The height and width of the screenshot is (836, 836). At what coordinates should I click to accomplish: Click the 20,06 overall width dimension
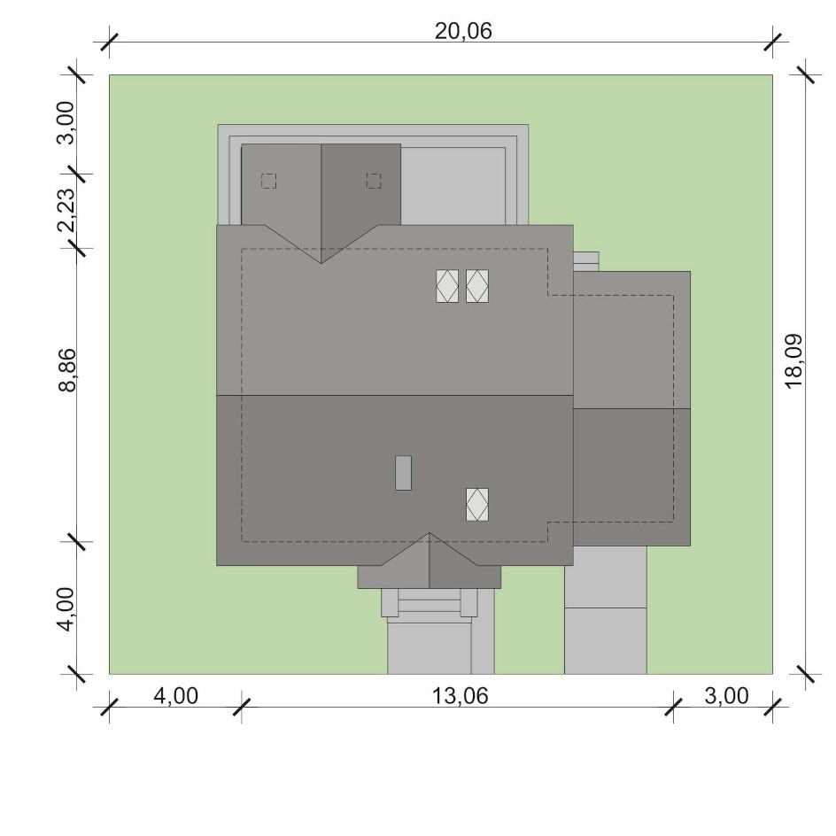[463, 32]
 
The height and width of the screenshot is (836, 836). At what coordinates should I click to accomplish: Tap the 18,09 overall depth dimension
[793, 361]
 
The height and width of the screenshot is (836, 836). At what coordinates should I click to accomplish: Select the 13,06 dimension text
[460, 696]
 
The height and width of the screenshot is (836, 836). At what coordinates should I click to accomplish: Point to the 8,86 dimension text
[67, 370]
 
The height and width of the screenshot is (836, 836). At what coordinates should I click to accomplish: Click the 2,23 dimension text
[67, 210]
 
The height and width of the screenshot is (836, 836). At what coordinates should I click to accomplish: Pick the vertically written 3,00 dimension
[66, 122]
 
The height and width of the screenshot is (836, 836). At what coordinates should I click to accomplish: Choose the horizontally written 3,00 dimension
[726, 696]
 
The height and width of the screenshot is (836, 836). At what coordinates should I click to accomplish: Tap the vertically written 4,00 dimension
[66, 609]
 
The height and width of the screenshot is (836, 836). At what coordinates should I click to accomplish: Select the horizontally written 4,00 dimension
[176, 696]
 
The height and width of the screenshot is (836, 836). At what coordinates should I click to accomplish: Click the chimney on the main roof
[403, 473]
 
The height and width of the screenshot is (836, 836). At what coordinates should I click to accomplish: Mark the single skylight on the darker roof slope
[477, 505]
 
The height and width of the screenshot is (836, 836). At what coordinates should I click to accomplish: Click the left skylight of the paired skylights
[447, 286]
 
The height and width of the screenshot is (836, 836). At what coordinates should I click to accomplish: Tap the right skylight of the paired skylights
[477, 286]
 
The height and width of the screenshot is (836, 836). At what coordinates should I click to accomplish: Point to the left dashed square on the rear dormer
[268, 181]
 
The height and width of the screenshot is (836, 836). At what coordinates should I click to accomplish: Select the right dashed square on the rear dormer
[374, 181]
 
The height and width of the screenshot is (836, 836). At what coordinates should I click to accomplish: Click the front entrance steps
[430, 603]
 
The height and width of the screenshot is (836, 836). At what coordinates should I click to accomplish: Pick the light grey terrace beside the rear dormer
[453, 186]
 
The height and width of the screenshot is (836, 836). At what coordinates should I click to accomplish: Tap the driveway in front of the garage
[606, 610]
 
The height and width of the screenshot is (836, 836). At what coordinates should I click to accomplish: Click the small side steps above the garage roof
[586, 262]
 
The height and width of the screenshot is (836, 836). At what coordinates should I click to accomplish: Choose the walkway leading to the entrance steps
[440, 646]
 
